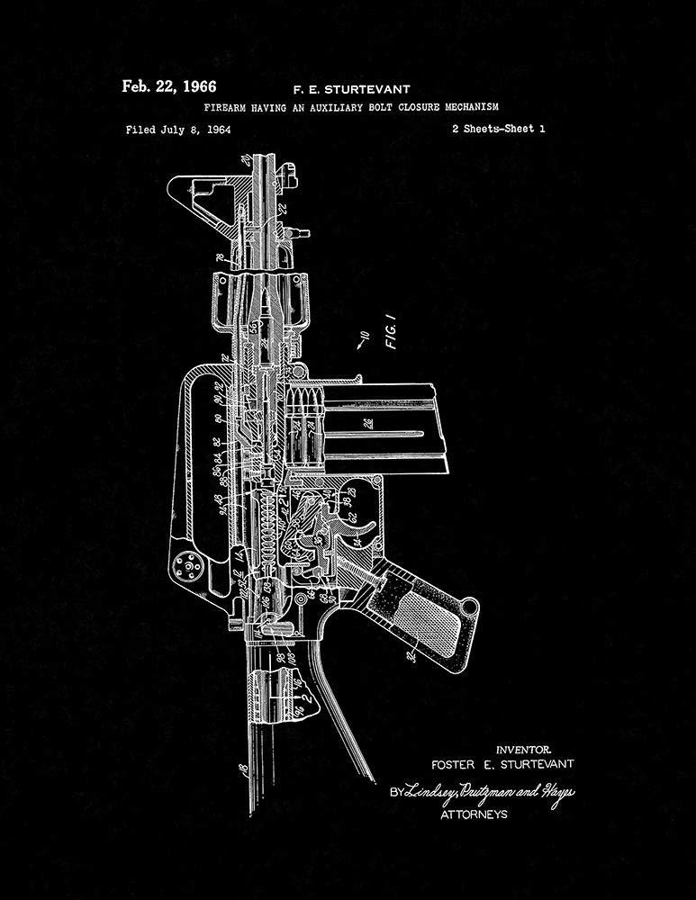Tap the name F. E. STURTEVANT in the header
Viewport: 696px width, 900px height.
click(351, 89)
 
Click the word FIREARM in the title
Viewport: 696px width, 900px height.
click(229, 107)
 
